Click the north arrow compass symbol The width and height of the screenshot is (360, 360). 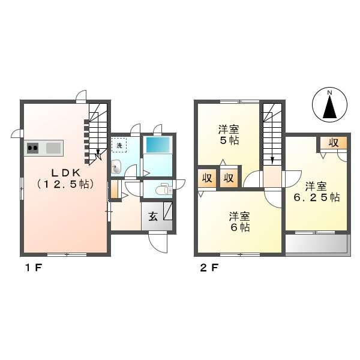pyautogui.click(x=329, y=104)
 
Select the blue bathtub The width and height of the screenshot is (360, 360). pyautogui.click(x=157, y=145)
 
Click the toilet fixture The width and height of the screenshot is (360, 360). pyautogui.click(x=164, y=189)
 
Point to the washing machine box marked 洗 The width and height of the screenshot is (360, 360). pyautogui.click(x=119, y=145)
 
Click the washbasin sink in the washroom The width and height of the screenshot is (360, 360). pyautogui.click(x=116, y=167)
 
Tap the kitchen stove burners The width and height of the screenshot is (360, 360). pyautogui.click(x=32, y=148)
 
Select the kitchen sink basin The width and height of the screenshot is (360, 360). pyautogui.click(x=53, y=148)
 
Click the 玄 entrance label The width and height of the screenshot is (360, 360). pyautogui.click(x=153, y=216)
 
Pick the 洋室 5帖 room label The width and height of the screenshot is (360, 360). pyautogui.click(x=229, y=135)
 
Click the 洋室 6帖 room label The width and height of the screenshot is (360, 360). pyautogui.click(x=239, y=222)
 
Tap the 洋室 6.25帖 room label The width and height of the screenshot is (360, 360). pyautogui.click(x=317, y=192)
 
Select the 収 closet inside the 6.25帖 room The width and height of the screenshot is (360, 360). pyautogui.click(x=334, y=143)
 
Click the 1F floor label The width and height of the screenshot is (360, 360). pyautogui.click(x=34, y=268)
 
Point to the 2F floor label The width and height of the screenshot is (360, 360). pyautogui.click(x=209, y=268)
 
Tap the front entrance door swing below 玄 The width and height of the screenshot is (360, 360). pyautogui.click(x=158, y=243)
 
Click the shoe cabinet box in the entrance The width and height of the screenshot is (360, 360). pyautogui.click(x=168, y=211)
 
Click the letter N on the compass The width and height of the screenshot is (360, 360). pyautogui.click(x=329, y=93)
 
